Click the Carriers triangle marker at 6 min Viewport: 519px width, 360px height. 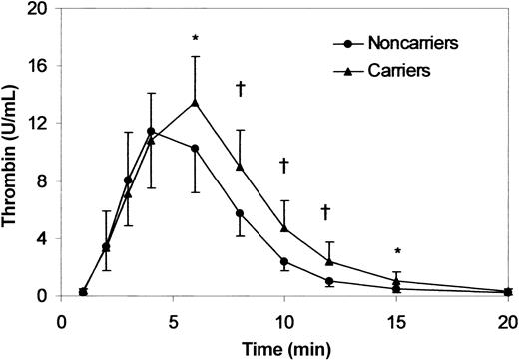pyautogui.click(x=195, y=102)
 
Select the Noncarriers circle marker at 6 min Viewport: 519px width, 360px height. pyautogui.click(x=195, y=148)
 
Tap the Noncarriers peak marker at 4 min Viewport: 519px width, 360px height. pyautogui.click(x=151, y=131)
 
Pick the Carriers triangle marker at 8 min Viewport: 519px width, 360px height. pyautogui.click(x=240, y=167)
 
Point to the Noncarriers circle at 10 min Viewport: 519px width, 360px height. pyautogui.click(x=284, y=261)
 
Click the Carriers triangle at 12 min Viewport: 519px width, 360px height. pyautogui.click(x=328, y=261)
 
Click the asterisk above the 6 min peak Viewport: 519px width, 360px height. pyautogui.click(x=196, y=39)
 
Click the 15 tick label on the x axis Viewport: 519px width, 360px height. pyautogui.click(x=395, y=321)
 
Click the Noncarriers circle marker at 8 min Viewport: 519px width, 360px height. pyautogui.click(x=240, y=213)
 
